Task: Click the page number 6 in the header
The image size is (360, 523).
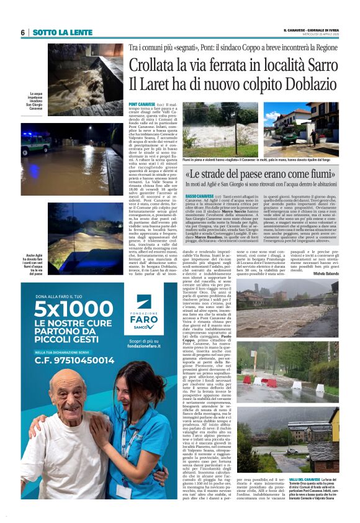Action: coord(22,32)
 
